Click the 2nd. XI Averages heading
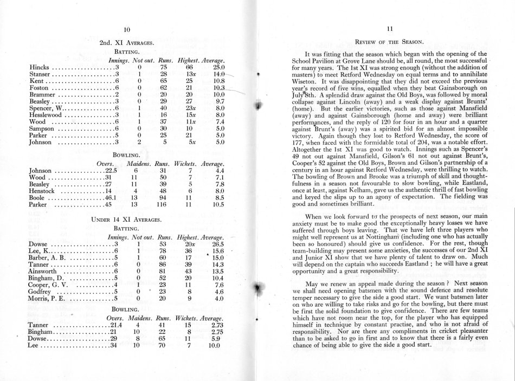pos(127,41)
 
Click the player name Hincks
pos(37,67)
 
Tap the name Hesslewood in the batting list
pos(46,115)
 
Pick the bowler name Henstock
pos(43,190)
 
